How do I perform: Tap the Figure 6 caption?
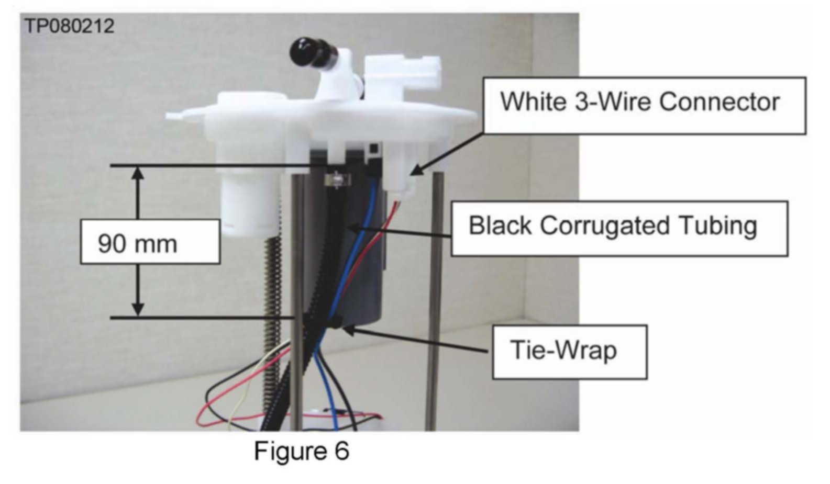click(301, 451)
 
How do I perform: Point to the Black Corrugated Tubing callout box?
click(619, 228)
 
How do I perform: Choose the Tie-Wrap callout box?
click(569, 352)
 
